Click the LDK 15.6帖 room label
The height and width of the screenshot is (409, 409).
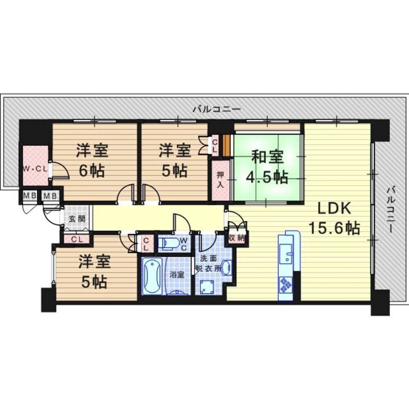(335, 218)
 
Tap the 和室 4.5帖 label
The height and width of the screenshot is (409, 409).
(267, 167)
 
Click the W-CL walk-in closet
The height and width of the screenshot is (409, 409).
(36, 166)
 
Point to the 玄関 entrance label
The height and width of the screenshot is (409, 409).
(77, 218)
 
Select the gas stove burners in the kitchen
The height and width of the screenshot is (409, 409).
(286, 284)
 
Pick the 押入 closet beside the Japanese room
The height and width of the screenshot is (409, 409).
(221, 180)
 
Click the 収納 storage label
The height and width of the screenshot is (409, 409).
(236, 238)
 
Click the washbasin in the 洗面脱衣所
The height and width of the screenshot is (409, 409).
(227, 267)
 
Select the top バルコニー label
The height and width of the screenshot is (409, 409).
(217, 109)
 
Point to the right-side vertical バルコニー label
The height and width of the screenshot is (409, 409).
(390, 209)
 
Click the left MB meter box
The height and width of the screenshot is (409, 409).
(29, 196)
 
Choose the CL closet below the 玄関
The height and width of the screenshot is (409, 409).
(77, 239)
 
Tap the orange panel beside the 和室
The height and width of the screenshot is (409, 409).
(228, 146)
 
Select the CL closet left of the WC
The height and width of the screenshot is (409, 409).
(146, 243)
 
